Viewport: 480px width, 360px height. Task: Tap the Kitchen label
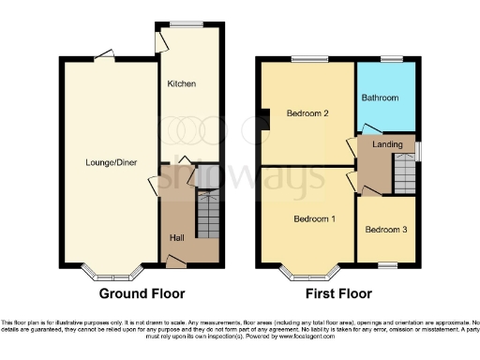point(181,84)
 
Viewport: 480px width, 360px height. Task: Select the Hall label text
point(176,237)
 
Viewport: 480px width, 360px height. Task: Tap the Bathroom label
point(382,97)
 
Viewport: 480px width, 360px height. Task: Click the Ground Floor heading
point(142,292)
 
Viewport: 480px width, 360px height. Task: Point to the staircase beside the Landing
point(404,172)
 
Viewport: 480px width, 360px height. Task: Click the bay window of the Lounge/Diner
point(111,274)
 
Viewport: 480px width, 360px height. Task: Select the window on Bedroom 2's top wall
point(307,59)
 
